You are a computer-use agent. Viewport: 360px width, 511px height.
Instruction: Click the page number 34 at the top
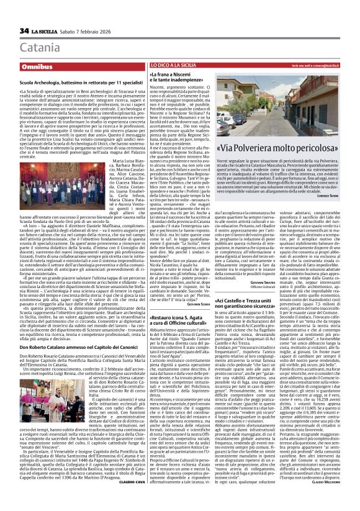click(24, 30)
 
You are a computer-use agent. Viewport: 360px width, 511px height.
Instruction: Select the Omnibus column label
click(38, 66)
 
